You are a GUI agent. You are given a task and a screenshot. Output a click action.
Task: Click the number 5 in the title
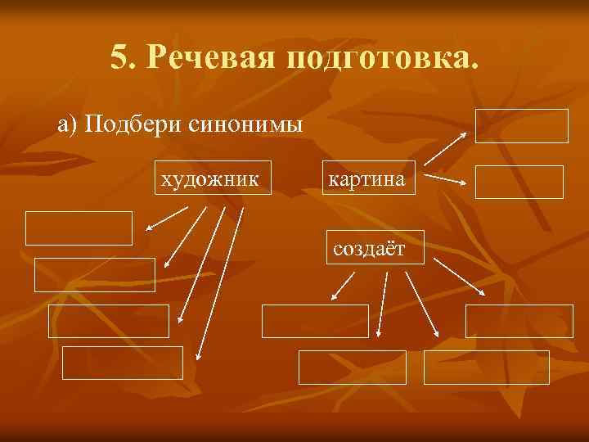[120, 58]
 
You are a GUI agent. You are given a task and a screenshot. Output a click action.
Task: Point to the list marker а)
[68, 124]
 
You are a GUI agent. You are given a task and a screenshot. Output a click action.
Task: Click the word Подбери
[132, 124]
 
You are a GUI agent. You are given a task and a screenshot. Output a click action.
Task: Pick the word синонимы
[245, 124]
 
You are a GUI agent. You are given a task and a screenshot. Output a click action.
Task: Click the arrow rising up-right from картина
[446, 149]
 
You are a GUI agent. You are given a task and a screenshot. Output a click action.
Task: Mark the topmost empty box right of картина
[521, 126]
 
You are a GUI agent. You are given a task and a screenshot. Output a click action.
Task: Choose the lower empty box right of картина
[519, 182]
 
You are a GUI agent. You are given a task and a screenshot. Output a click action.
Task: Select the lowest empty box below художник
[123, 363]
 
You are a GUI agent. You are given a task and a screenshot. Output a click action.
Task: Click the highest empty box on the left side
[78, 228]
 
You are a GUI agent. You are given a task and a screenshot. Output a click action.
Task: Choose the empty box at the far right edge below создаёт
[519, 321]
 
